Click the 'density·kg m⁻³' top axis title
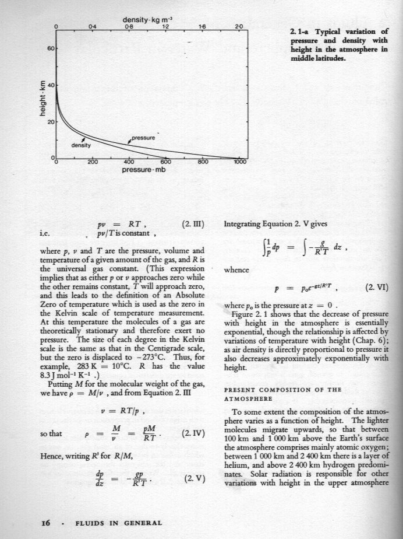pyautogui.click(x=148, y=20)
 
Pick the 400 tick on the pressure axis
pyautogui.click(x=129, y=163)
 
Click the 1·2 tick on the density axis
pyautogui.click(x=165, y=27)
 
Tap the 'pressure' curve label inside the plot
pyautogui.click(x=142, y=138)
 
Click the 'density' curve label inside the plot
pyautogui.click(x=82, y=145)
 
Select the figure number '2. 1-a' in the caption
pyautogui.click(x=301, y=31)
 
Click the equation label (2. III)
pyautogui.click(x=193, y=223)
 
